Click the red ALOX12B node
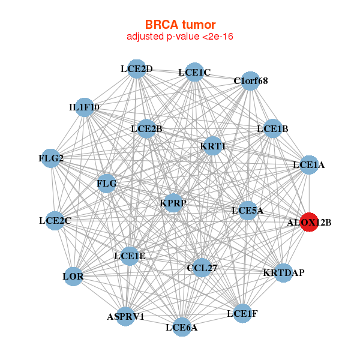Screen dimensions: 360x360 pyautogui.click(x=309, y=222)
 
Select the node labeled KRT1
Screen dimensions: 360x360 pyautogui.click(x=213, y=146)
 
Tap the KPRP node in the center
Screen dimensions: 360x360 pyautogui.click(x=173, y=203)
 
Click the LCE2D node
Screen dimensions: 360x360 pyautogui.click(x=137, y=68)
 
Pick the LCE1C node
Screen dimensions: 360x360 pyautogui.click(x=194, y=73)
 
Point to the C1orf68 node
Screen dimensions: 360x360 pyautogui.click(x=251, y=80)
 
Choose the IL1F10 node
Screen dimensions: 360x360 pyautogui.click(x=84, y=107)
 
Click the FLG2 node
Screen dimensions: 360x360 pyautogui.click(x=51, y=158)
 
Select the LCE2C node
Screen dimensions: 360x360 pyautogui.click(x=55, y=220)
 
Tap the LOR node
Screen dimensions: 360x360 pyautogui.click(x=73, y=277)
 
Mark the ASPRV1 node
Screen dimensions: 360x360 pyautogui.click(x=125, y=316)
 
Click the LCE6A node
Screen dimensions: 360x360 pyautogui.click(x=181, y=327)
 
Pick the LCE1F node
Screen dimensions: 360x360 pyautogui.click(x=242, y=313)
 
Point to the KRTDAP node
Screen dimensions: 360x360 pyautogui.click(x=283, y=273)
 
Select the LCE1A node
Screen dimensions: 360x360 pyautogui.click(x=308, y=164)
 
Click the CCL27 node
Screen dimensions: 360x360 pyautogui.click(x=202, y=268)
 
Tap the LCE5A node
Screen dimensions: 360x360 pyautogui.click(x=248, y=210)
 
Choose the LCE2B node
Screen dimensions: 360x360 pyautogui.click(x=146, y=128)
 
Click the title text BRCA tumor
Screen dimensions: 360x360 pyautogui.click(x=180, y=25)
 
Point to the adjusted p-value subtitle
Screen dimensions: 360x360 pyautogui.click(x=180, y=37)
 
